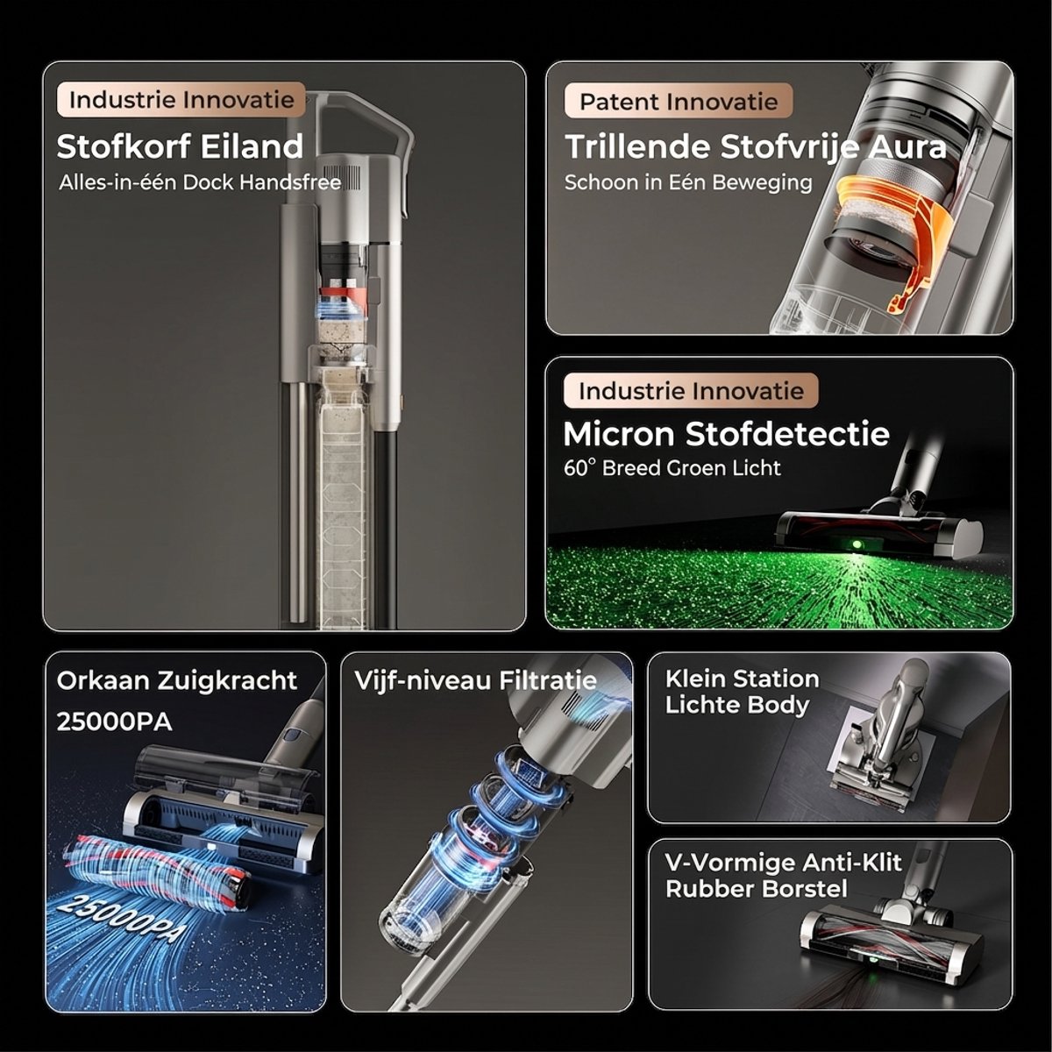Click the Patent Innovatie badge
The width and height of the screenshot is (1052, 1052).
point(678,101)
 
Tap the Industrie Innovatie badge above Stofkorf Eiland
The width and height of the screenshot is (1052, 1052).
point(181,99)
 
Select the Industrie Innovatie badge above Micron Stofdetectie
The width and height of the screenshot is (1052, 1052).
point(691,391)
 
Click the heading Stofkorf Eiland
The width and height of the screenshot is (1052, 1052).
point(180,146)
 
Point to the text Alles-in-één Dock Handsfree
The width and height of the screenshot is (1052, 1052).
point(200,182)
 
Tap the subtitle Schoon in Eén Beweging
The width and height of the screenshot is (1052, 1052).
point(688,183)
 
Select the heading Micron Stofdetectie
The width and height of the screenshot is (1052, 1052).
point(726,434)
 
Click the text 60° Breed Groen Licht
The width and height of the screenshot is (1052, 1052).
point(672,468)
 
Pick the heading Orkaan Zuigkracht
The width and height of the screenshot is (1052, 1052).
point(177,681)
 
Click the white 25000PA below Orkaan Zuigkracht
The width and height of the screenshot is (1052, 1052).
point(114,721)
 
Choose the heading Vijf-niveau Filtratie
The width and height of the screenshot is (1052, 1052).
point(475,681)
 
